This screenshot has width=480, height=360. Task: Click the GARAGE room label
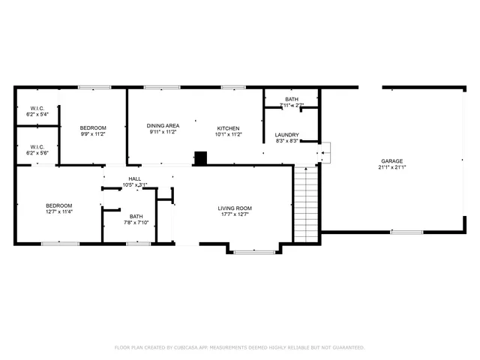(x=391, y=161)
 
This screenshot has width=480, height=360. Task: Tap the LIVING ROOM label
(x=235, y=208)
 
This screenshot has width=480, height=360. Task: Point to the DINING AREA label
(x=162, y=126)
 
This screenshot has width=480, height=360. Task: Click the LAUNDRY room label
(x=286, y=135)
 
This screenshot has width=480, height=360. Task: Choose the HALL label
(x=134, y=178)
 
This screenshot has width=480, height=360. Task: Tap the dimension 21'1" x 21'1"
(x=391, y=168)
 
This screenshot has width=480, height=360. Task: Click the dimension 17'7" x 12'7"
(x=235, y=214)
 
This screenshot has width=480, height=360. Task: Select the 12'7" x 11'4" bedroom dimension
(x=58, y=212)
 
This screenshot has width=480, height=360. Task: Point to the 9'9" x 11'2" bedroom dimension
(x=93, y=133)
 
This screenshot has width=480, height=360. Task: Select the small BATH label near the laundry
(x=291, y=100)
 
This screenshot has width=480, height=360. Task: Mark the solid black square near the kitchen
(x=200, y=157)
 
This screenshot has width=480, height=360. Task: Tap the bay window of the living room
(x=253, y=251)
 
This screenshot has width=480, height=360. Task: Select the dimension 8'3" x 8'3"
(x=286, y=141)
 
